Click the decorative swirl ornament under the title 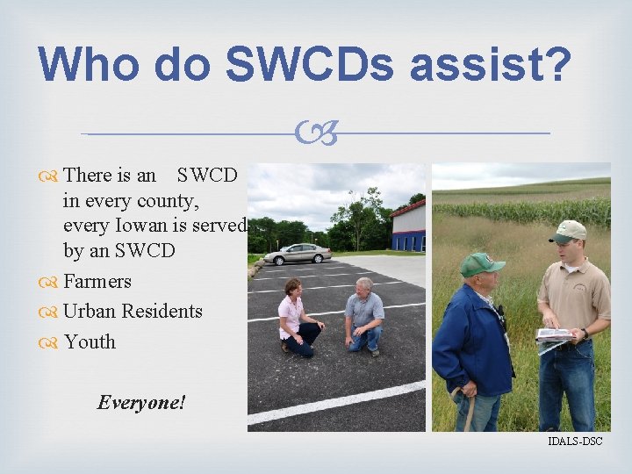coord(315,134)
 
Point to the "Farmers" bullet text coord(97,281)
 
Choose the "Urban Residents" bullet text coord(132,312)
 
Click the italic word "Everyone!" coord(141,403)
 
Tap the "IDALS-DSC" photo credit coord(575,441)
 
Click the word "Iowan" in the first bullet coord(139,226)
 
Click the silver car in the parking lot coord(298,254)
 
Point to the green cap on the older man coord(481,263)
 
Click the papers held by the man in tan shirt coord(554,335)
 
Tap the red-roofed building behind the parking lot coord(408,226)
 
